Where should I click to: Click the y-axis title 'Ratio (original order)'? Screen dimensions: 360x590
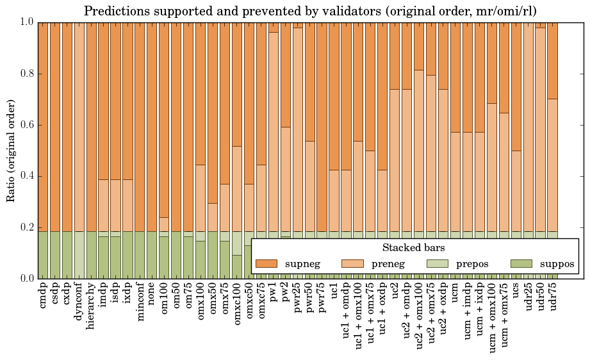point(11,150)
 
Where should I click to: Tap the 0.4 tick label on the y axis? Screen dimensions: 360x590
point(25,176)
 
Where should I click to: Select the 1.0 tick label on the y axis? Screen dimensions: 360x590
point(25,22)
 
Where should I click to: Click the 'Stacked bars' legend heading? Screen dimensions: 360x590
point(414,248)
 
